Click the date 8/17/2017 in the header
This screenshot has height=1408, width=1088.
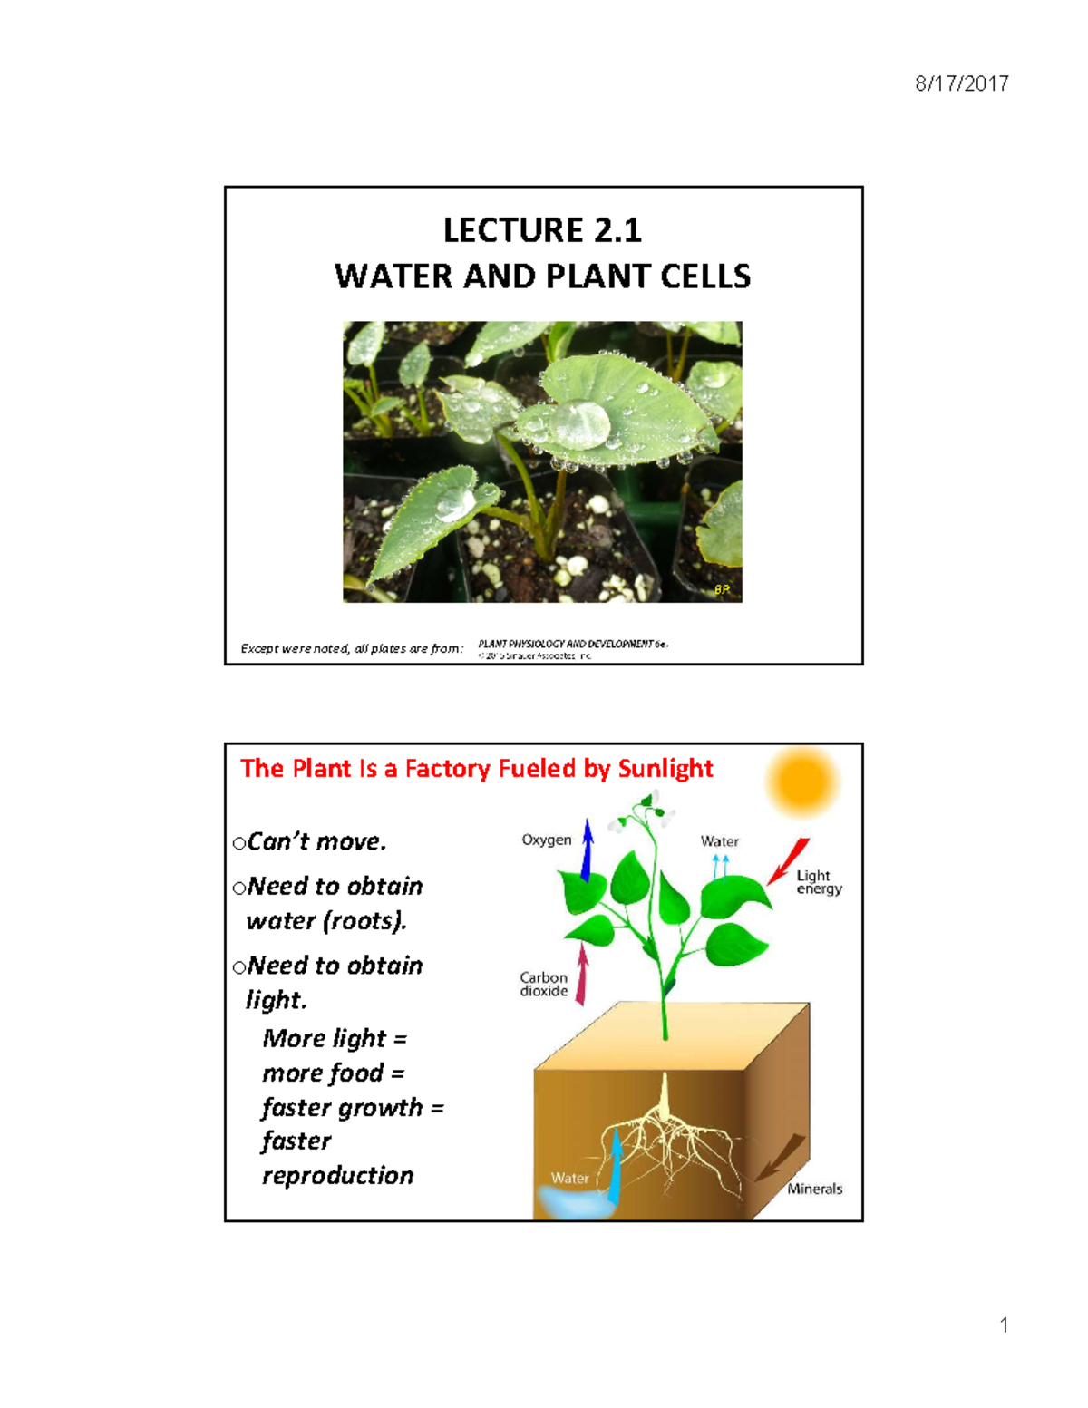[x=961, y=84]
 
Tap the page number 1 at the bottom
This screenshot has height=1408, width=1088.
[x=1004, y=1325]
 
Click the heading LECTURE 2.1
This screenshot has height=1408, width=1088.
[x=542, y=230]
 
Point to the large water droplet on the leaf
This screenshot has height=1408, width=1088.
[x=580, y=422]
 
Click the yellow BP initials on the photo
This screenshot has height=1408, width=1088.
[x=722, y=589]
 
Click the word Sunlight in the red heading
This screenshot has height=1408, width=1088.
[x=665, y=769]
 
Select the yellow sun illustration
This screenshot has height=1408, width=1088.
[x=802, y=780]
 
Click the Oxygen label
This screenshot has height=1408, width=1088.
[x=546, y=840]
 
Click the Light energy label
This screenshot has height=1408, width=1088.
[x=819, y=882]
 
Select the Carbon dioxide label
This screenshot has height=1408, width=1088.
[x=544, y=985]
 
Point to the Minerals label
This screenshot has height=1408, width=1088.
[x=814, y=1189]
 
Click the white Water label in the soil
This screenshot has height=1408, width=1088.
[x=569, y=1179]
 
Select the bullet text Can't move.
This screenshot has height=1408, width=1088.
[x=316, y=842]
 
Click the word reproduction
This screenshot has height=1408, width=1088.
[x=337, y=1176]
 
